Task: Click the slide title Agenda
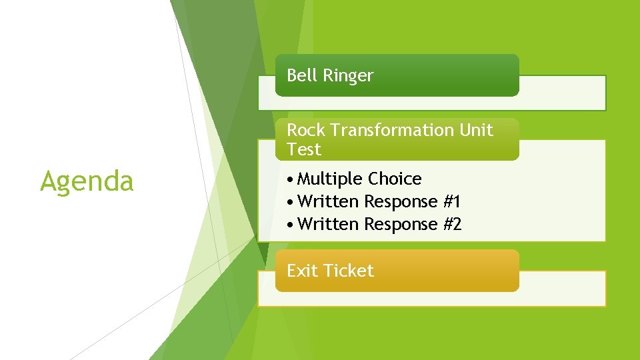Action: (87, 181)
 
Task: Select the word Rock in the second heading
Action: (305, 130)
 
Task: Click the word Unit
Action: (476, 130)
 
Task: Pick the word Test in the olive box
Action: (304, 149)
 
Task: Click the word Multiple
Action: (331, 179)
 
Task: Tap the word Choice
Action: (395, 179)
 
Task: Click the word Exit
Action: (302, 271)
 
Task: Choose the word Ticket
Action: (348, 271)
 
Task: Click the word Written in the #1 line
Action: (329, 201)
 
